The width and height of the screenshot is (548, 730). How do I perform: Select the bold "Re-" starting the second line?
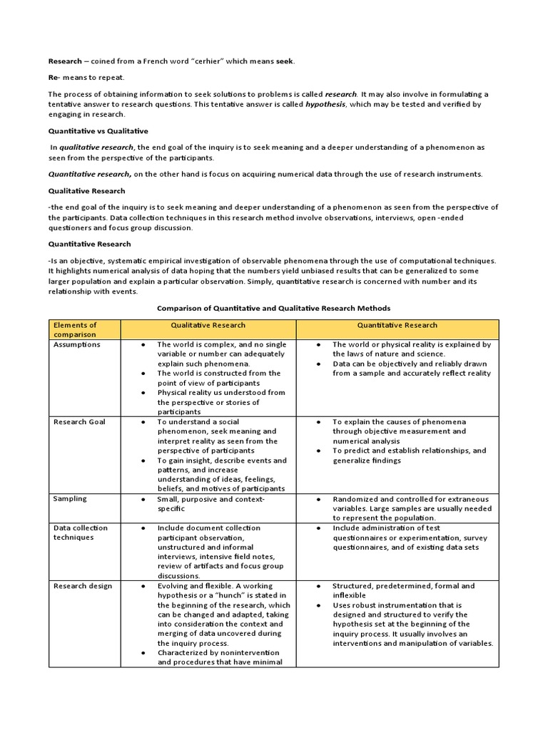coord(55,78)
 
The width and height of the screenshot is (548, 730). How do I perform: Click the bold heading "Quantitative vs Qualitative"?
coord(98,131)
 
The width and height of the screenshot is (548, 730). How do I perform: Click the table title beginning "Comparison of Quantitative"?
coord(273,308)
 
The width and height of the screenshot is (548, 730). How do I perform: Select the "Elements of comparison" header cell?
coord(75,329)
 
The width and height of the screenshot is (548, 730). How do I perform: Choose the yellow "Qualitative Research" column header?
coord(208,325)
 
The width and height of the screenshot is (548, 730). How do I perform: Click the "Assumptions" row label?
coord(77,344)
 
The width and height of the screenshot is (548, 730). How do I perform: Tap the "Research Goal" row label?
coord(79,422)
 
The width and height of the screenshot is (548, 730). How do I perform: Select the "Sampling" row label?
coord(70,499)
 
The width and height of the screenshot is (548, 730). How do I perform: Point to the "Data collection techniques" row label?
coord(81,533)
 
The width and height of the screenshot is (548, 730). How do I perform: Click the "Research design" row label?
coord(83,586)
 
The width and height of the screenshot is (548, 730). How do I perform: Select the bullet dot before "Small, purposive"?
coord(143,499)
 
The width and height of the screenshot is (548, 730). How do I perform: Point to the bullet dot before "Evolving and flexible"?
coord(143,586)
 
